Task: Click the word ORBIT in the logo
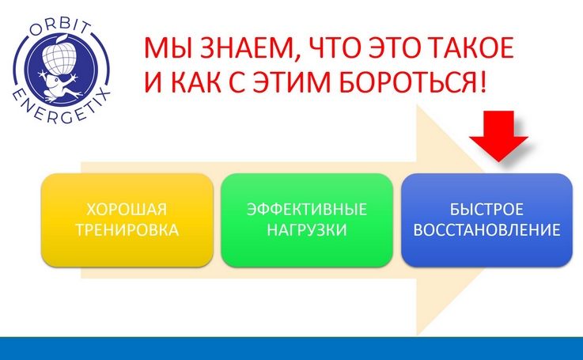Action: coord(60,28)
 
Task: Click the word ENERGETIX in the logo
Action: coord(62,108)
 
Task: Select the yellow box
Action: coord(127,220)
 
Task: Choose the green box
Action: coord(307,220)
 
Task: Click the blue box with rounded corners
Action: coord(487,220)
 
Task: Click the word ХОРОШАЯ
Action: coord(127,210)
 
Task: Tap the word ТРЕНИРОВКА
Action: coord(127,229)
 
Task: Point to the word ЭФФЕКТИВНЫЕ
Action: coord(307,210)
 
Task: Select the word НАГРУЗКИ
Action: coord(307,229)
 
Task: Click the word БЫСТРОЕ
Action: coord(486,210)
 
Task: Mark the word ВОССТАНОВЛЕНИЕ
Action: coord(486,229)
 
